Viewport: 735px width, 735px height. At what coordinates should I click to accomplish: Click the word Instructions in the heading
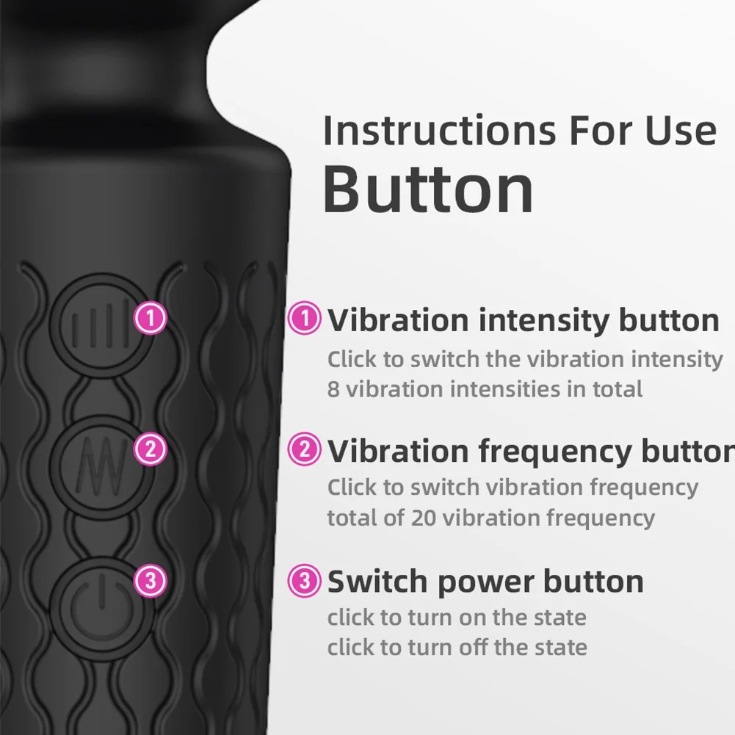pos(440,130)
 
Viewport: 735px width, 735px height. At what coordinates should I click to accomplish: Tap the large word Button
pos(428,189)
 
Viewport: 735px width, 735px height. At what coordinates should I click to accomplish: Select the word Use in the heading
pos(681,130)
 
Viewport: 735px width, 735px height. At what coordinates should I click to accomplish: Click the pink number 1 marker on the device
pos(151,318)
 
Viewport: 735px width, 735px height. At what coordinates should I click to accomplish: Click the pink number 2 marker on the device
pos(151,449)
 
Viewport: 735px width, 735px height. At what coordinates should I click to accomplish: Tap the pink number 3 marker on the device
pos(151,581)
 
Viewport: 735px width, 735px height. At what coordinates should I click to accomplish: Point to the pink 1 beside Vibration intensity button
pos(304,318)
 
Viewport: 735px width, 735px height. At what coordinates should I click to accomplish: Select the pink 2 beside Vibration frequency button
pos(304,449)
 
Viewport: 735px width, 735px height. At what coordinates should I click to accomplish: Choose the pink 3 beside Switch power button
pos(304,580)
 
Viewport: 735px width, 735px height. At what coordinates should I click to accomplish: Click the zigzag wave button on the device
pos(101,467)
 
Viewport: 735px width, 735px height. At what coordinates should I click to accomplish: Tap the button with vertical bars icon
pos(101,325)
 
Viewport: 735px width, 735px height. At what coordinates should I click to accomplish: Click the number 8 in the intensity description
pos(333,389)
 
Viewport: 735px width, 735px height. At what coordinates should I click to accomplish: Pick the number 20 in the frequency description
pos(424,518)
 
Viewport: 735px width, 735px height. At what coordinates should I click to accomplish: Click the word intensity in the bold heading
pos(544,322)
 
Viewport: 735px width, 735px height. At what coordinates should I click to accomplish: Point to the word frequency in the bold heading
pos(555,452)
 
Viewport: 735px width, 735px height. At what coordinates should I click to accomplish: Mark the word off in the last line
pos(474,647)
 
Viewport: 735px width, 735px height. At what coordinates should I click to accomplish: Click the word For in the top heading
pos(601,130)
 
